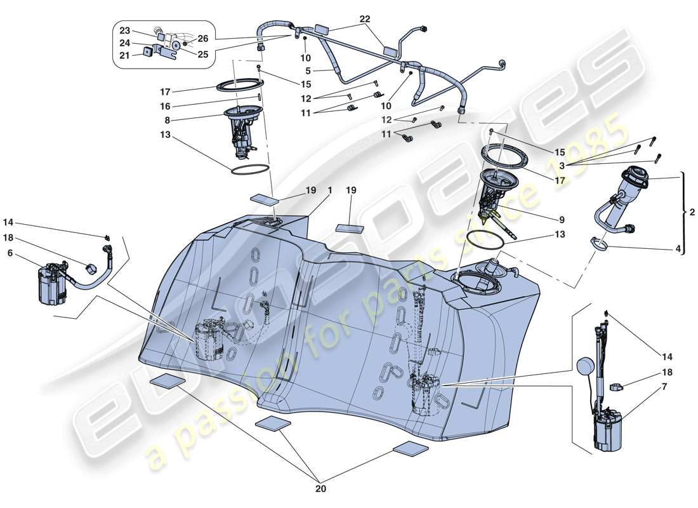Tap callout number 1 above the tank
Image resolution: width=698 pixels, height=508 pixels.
coord(330,190)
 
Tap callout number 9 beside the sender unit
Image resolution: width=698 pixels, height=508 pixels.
coord(562,220)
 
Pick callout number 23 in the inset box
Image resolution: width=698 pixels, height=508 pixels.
coord(124,31)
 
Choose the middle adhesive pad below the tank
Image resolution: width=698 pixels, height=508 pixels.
coord(273,423)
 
